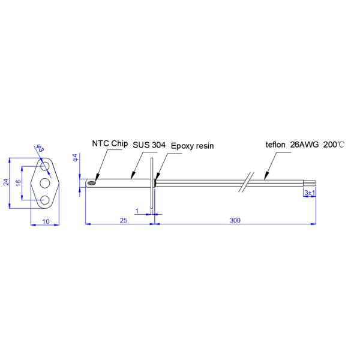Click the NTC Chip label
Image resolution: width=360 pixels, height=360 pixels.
click(x=109, y=144)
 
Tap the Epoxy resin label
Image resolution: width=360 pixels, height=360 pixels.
click(x=192, y=146)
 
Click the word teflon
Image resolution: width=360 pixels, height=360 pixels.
click(x=275, y=145)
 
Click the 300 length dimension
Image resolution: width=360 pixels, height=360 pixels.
click(x=235, y=220)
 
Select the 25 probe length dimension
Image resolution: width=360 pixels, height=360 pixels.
click(x=123, y=220)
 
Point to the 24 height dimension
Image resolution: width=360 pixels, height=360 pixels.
click(x=7, y=183)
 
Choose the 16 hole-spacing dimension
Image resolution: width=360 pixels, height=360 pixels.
click(x=19, y=182)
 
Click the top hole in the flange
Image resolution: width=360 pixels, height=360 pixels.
click(x=46, y=164)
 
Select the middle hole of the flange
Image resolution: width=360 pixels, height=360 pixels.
click(x=46, y=182)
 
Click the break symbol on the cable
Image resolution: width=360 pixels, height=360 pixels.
click(x=247, y=181)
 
